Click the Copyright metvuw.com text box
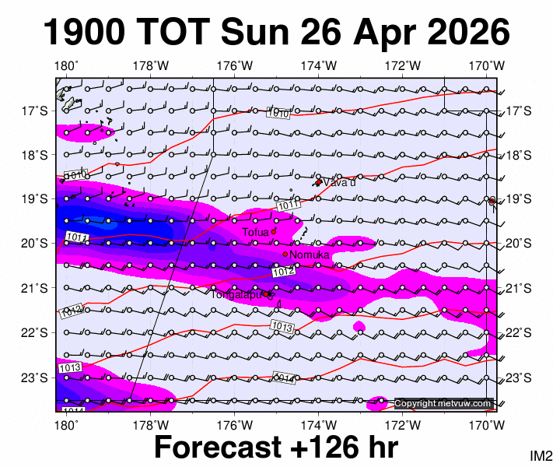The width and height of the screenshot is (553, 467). (x=443, y=403)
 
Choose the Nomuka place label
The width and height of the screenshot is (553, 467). (x=310, y=255)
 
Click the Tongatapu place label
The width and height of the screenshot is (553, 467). (x=237, y=293)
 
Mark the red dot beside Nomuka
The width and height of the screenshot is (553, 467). (x=285, y=254)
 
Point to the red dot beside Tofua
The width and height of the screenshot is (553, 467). (x=274, y=231)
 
